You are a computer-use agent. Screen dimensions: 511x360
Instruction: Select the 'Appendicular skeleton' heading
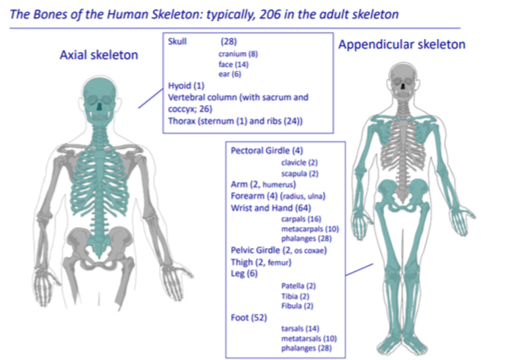(401, 44)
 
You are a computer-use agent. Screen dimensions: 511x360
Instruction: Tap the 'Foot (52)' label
(249, 317)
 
